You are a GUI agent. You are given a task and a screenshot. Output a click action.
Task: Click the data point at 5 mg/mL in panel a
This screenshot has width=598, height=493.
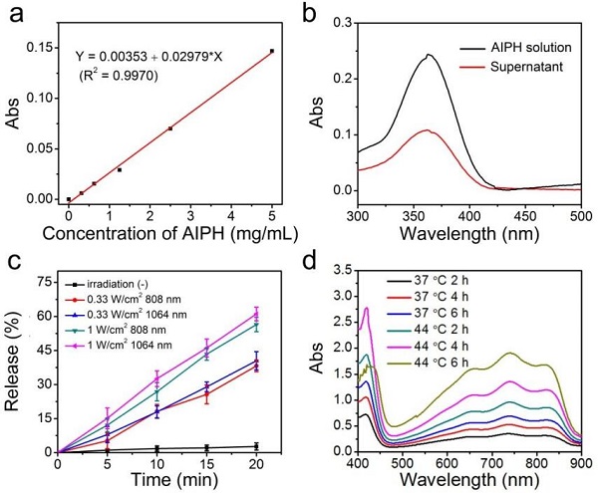[271, 51]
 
